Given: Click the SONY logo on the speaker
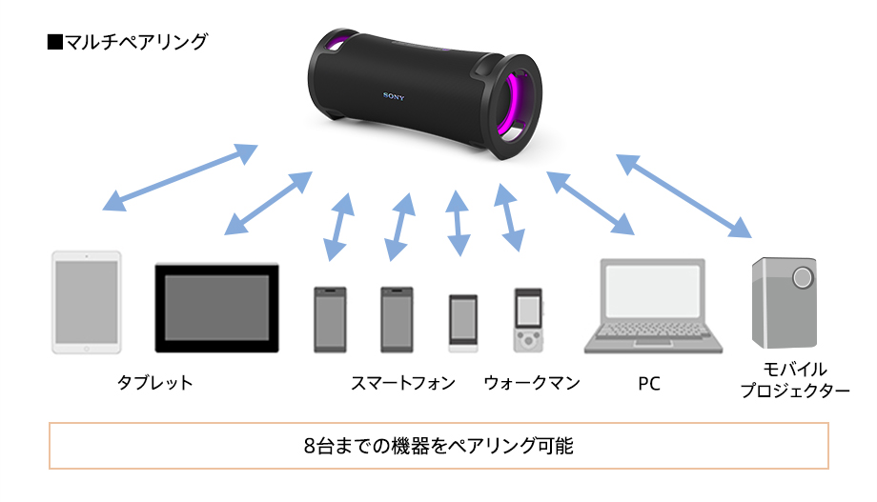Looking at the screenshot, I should pos(394,95).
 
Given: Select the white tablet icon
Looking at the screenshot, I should pos(86,302).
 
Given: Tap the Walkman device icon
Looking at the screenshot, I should pos(527,319).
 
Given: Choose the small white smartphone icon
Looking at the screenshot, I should pos(463,319).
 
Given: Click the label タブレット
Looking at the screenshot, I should pos(154,383).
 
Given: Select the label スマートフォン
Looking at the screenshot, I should pos(402,383).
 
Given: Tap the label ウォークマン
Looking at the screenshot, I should pos(532,383).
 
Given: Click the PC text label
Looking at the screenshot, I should pos(649,384).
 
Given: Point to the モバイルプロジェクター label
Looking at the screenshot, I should pos(795,379).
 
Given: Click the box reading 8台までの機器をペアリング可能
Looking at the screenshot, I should pos(438,445).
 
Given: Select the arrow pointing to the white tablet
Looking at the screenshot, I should pos(180,176).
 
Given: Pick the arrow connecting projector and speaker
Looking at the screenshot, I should pos(683,195).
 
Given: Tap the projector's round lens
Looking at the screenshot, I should pos(804,277).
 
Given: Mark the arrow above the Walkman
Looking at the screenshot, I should pos(510,218).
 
